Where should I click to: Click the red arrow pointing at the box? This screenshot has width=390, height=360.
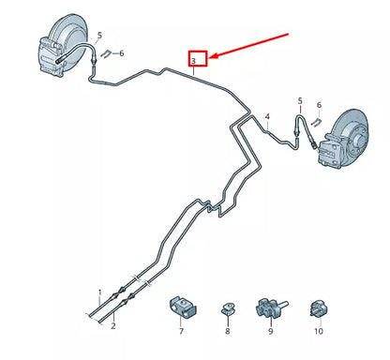coord(249,46)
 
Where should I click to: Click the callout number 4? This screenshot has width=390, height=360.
coord(267,117)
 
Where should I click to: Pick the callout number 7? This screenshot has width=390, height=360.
coord(181,332)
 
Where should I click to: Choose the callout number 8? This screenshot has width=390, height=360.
coord(227,332)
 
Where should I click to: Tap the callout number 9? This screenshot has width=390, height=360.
coord(270,332)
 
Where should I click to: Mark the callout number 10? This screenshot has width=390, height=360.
coord(318,332)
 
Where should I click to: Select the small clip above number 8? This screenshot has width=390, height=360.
coord(227,306)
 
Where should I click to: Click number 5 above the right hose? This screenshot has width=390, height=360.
coord(300,100)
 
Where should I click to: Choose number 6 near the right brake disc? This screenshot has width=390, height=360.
coord(319,105)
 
